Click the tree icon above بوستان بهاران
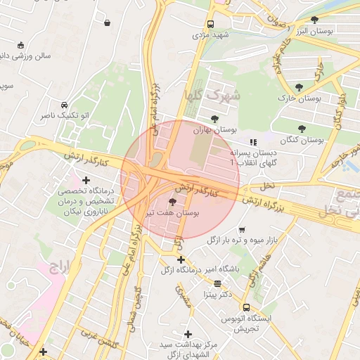point(214,118)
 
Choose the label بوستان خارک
point(300,98)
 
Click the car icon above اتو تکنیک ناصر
point(65,103)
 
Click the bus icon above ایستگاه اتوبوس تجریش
point(246,307)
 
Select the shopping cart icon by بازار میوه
point(242,229)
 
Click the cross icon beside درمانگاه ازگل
point(181,259)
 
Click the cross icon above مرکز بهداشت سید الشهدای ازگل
point(188,334)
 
